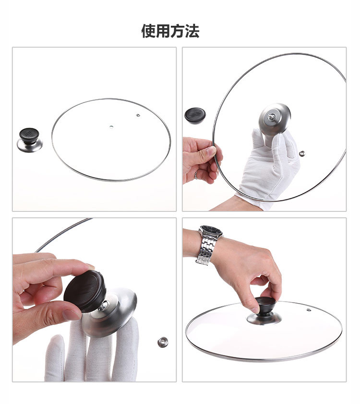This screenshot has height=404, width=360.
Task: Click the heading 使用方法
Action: point(170,31)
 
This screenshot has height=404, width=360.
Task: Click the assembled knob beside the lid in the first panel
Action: point(30,140)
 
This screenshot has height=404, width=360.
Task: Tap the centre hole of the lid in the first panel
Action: point(111,127)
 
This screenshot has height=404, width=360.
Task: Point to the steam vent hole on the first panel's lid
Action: point(138,115)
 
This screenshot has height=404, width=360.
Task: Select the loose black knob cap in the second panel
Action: point(195,116)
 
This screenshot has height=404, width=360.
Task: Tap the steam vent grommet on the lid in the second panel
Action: point(302,154)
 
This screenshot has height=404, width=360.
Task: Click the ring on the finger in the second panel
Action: point(196,175)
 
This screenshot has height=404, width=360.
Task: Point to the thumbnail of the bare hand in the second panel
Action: point(211,150)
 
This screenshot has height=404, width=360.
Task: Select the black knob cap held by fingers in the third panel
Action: point(85,291)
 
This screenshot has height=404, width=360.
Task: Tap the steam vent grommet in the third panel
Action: point(163,342)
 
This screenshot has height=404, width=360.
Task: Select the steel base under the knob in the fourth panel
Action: point(264,318)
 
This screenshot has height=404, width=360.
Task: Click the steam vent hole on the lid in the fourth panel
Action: point(309,310)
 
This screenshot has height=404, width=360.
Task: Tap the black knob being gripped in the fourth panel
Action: point(265,306)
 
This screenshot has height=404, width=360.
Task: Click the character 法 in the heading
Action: point(192,31)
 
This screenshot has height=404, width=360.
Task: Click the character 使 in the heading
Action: point(148,31)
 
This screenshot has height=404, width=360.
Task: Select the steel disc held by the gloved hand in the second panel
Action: point(275,119)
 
